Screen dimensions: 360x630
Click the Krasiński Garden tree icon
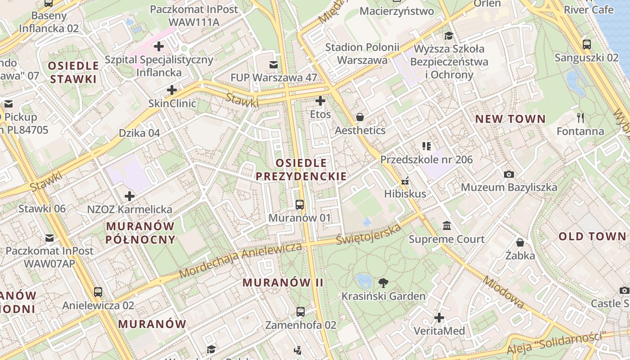[383, 283]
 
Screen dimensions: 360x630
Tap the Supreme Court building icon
[447, 225]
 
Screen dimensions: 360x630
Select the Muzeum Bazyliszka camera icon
[509, 174]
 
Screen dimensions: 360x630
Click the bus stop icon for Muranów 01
[300, 205]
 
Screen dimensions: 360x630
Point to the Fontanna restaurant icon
[580, 118]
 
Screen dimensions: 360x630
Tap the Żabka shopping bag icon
[520, 243]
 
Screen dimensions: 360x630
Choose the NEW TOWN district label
[510, 119]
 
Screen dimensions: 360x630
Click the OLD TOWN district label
[592, 237]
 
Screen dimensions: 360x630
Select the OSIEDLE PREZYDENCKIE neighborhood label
[301, 169]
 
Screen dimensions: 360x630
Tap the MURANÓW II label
[283, 283]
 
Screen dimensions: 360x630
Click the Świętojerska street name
[369, 234]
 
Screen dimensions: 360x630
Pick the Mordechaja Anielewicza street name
[240, 261]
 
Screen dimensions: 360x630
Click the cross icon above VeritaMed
[439, 318]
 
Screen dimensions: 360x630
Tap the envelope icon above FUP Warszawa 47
[274, 64]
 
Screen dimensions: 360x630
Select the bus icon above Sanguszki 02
[587, 45]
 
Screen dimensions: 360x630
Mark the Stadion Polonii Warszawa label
[362, 54]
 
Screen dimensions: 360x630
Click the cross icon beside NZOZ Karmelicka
[130, 196]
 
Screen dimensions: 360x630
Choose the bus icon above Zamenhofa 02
[301, 311]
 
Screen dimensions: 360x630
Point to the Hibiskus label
[405, 194]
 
